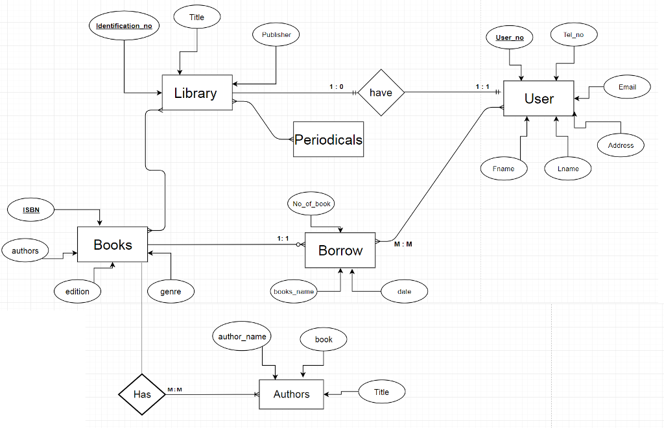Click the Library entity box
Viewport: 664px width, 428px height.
(x=196, y=93)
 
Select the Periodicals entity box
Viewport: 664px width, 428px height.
(x=328, y=139)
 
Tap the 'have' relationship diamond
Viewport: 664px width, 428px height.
(x=381, y=93)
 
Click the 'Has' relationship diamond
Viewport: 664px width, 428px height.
(x=141, y=394)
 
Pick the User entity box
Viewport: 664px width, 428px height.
(x=539, y=99)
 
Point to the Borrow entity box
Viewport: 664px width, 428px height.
(x=340, y=250)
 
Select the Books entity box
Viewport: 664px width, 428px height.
(x=112, y=244)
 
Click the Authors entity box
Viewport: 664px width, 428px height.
(x=291, y=394)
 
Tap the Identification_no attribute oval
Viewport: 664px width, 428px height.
(x=124, y=26)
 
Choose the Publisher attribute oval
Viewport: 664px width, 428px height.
(x=276, y=34)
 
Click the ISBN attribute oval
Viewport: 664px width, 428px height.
(x=31, y=209)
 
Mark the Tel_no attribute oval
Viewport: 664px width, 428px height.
(x=573, y=35)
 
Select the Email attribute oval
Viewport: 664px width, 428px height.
(x=626, y=87)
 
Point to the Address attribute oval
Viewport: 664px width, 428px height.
(x=621, y=145)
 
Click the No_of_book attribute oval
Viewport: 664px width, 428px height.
(x=311, y=204)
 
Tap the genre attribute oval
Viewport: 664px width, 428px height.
(x=171, y=291)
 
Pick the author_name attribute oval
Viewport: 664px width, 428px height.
(x=242, y=337)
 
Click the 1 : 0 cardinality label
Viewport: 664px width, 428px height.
(x=336, y=87)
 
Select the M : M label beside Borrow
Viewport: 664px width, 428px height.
(x=403, y=244)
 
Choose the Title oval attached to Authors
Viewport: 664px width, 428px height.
(x=381, y=392)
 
